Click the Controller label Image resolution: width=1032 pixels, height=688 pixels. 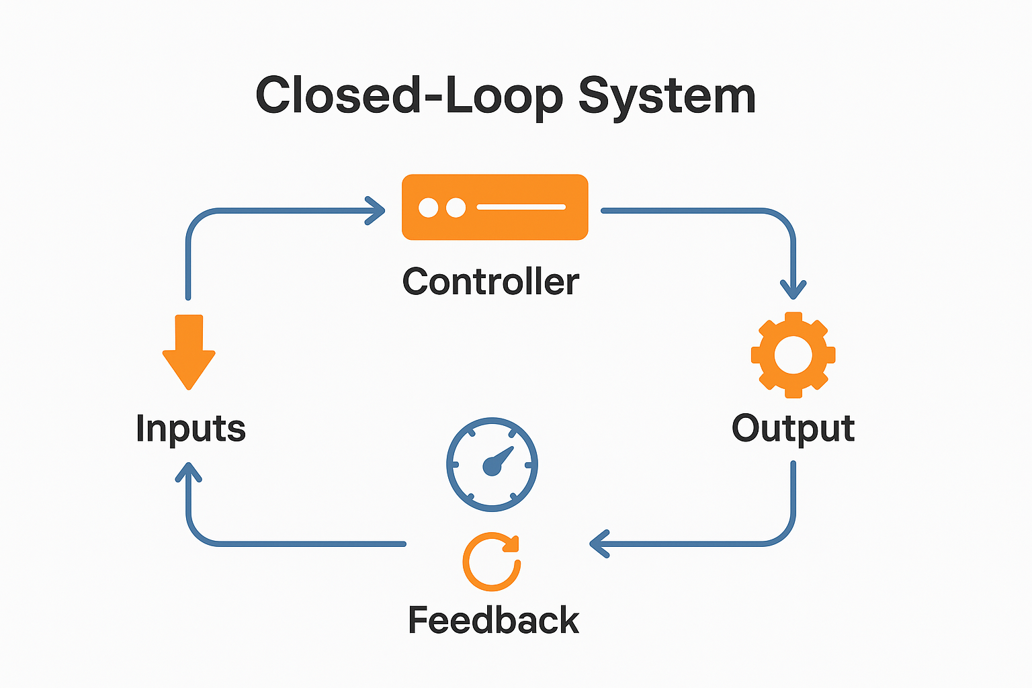click(x=490, y=282)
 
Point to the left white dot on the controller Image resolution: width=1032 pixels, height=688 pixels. click(x=429, y=208)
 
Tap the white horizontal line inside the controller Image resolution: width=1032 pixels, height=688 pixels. click(x=521, y=207)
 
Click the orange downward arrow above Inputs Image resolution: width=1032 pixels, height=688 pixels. click(x=189, y=352)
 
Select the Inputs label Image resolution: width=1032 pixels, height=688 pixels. click(x=191, y=429)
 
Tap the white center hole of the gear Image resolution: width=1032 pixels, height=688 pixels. click(x=793, y=354)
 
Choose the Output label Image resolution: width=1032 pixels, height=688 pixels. click(x=793, y=429)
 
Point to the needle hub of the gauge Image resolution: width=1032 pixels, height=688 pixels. click(x=492, y=466)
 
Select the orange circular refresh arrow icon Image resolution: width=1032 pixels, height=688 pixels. click(x=492, y=562)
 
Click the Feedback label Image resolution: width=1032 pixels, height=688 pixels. click(x=493, y=620)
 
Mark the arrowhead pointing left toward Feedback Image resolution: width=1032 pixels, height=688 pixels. click(x=597, y=544)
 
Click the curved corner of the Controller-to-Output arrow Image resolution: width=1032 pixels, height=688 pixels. click(x=783, y=221)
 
